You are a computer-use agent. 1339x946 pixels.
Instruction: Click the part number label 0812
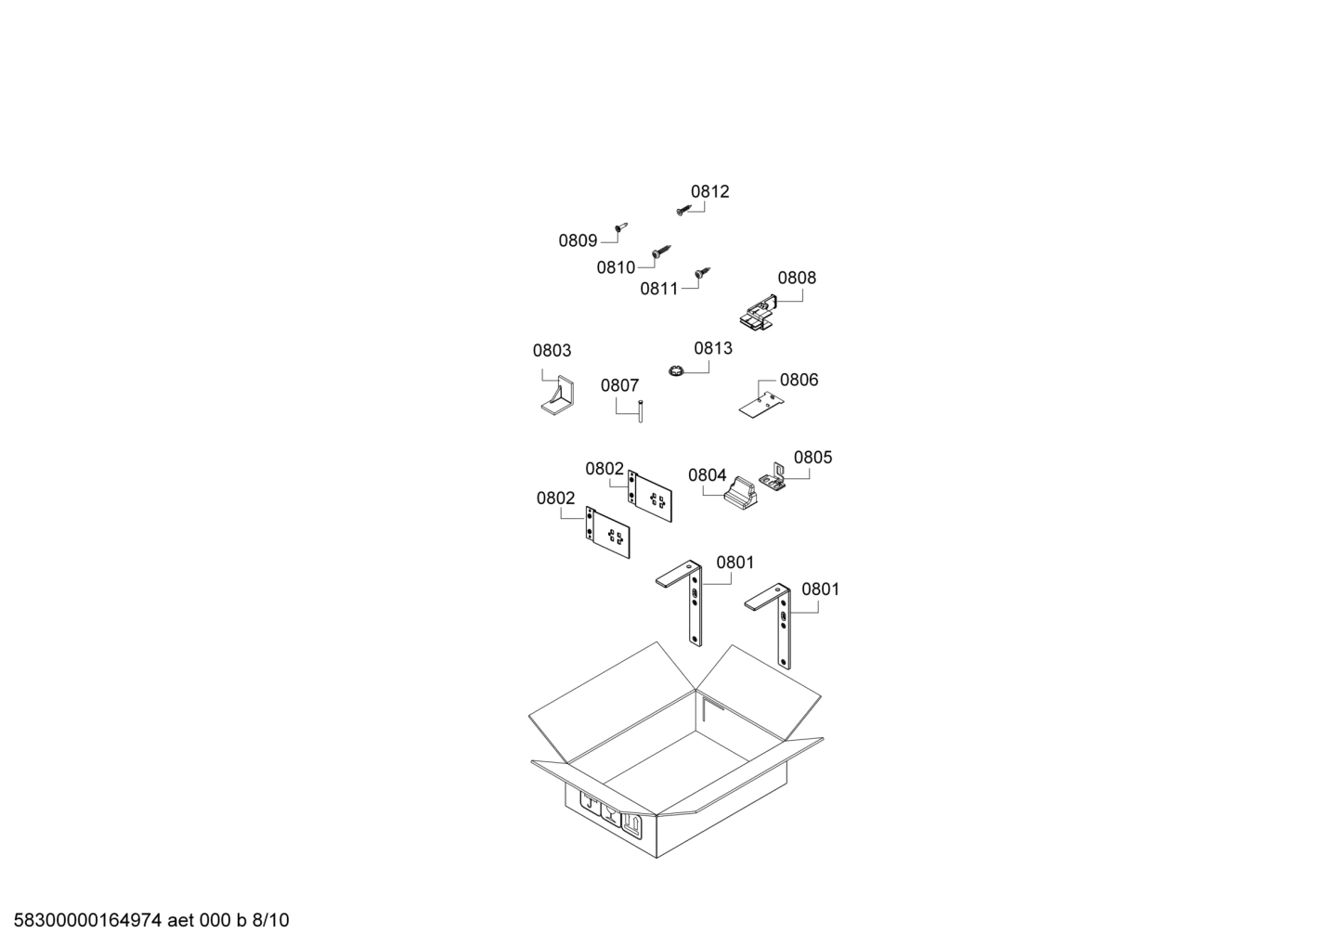click(709, 191)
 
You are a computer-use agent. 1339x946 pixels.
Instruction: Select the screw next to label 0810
click(661, 251)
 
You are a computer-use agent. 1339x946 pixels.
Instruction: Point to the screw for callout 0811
click(703, 273)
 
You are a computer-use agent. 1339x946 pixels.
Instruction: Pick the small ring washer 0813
click(675, 371)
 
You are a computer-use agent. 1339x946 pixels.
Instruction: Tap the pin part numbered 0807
click(640, 410)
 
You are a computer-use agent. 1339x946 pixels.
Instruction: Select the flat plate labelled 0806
click(762, 404)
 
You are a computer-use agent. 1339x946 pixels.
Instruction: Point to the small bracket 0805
click(773, 478)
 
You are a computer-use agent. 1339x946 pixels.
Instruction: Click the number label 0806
click(799, 380)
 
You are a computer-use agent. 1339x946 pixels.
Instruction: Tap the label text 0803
click(552, 351)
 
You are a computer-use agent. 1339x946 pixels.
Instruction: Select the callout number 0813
click(712, 348)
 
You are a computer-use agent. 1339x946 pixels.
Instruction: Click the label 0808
click(797, 278)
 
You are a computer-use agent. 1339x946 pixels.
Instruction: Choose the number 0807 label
click(619, 385)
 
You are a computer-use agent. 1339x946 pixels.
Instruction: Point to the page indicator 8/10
click(271, 921)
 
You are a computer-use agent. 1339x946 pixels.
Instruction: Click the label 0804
click(707, 475)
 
